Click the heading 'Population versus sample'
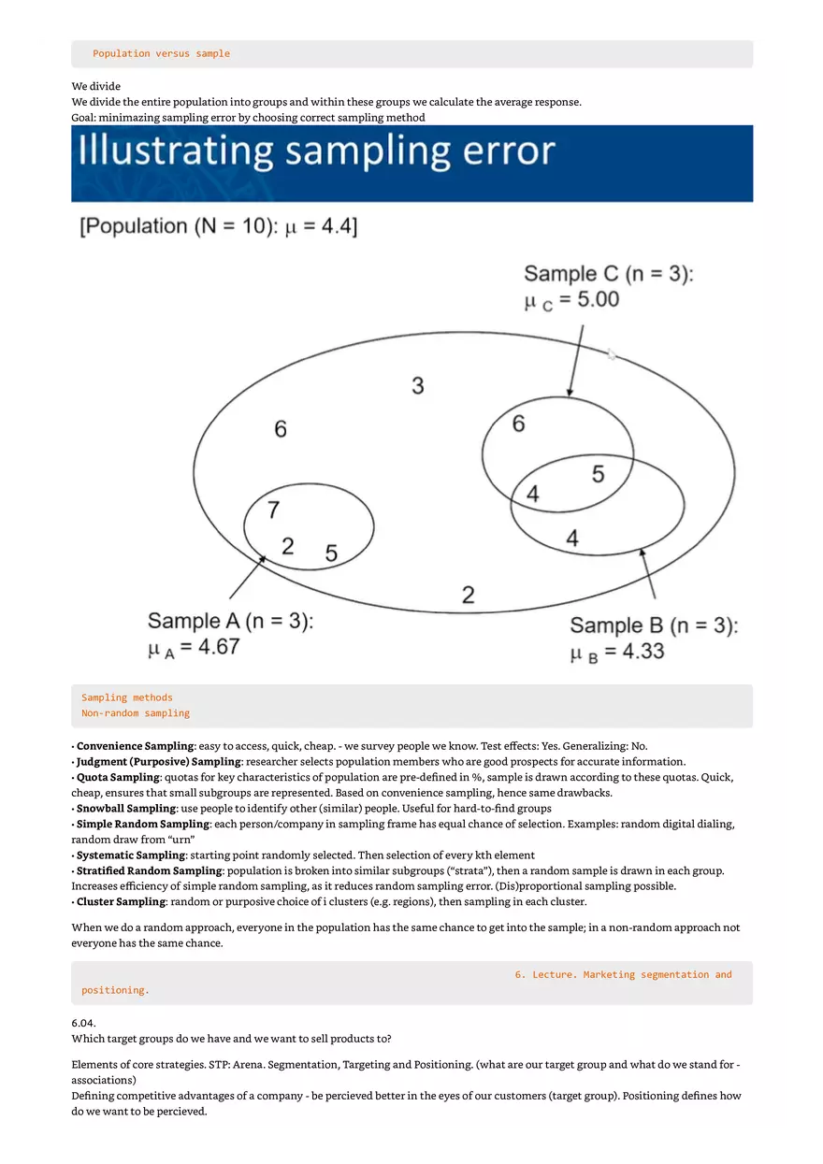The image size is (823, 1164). tap(161, 53)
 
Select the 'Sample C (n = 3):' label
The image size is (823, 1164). tap(608, 274)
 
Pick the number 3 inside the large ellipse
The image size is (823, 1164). tap(417, 385)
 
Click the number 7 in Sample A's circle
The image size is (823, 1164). tap(273, 510)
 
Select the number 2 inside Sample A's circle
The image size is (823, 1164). tap(287, 546)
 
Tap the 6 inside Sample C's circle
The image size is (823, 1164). tap(518, 424)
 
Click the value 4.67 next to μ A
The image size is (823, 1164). tap(212, 648)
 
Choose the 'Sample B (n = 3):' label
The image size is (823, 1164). tap(653, 625)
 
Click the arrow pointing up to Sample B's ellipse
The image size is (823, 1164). tap(648, 573)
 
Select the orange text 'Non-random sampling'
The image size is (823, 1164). tap(136, 713)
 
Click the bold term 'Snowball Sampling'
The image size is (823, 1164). tap(126, 808)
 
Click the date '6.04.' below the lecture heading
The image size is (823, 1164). tap(84, 1023)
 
